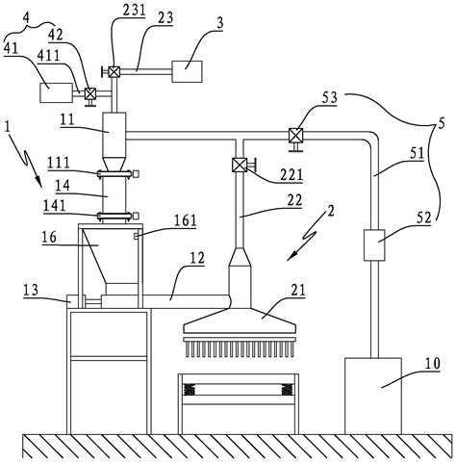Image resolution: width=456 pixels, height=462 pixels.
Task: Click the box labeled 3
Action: (187, 71)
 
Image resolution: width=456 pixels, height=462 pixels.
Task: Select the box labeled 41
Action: (56, 92)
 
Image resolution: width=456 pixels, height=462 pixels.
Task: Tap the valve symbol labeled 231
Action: (114, 71)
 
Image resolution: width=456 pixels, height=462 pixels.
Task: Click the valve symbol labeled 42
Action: (89, 93)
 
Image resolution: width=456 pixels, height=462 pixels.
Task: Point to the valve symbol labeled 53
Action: (295, 135)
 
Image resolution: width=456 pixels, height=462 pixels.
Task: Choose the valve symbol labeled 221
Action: (239, 166)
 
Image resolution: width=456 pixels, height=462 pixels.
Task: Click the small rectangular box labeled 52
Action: (374, 245)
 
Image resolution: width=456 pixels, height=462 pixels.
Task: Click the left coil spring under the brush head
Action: (190, 390)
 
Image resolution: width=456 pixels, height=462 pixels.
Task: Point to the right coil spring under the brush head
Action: (287, 390)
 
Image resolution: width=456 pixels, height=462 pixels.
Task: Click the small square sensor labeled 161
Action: (136, 237)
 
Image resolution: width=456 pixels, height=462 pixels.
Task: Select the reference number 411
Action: (48, 57)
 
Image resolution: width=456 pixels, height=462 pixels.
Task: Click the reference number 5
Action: (442, 124)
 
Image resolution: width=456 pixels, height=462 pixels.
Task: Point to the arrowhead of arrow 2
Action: (290, 258)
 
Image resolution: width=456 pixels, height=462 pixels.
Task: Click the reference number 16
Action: (49, 238)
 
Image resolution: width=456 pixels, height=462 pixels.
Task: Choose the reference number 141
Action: (55, 205)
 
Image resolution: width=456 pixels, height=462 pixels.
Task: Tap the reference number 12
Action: (197, 258)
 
